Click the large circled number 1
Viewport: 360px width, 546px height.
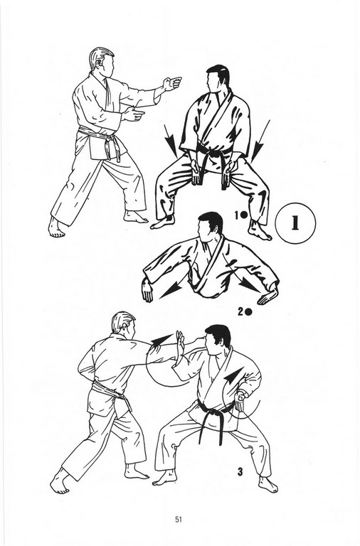295,223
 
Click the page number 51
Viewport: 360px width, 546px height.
179,520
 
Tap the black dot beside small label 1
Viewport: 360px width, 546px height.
243,215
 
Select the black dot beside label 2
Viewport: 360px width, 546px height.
248,312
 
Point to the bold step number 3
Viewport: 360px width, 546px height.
240,472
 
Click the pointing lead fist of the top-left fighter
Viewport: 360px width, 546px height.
173,83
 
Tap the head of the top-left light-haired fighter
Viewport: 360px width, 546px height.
101,62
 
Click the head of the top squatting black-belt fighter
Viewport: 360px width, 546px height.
217,79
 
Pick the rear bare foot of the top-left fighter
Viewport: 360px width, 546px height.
55,227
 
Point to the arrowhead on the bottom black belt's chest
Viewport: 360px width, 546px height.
233,374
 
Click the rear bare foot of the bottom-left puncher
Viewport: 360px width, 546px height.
59,482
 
